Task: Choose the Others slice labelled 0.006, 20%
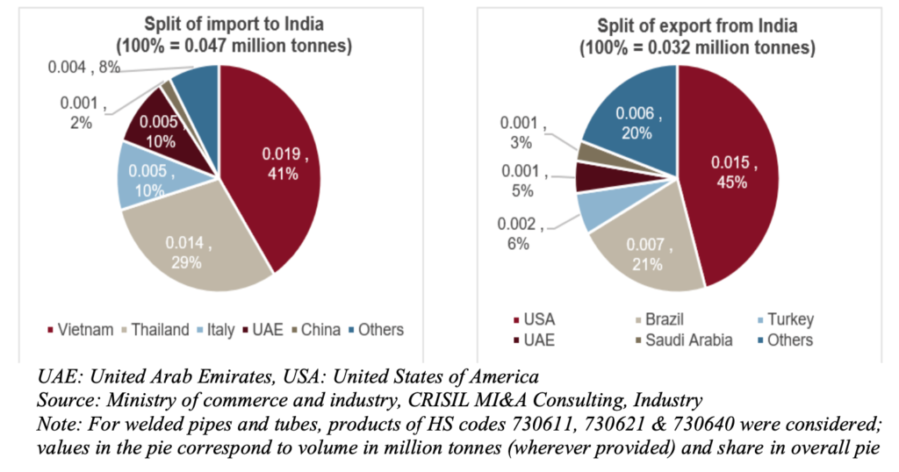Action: tap(632, 123)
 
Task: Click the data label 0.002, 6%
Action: tap(526, 233)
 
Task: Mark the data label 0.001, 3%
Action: tap(528, 132)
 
